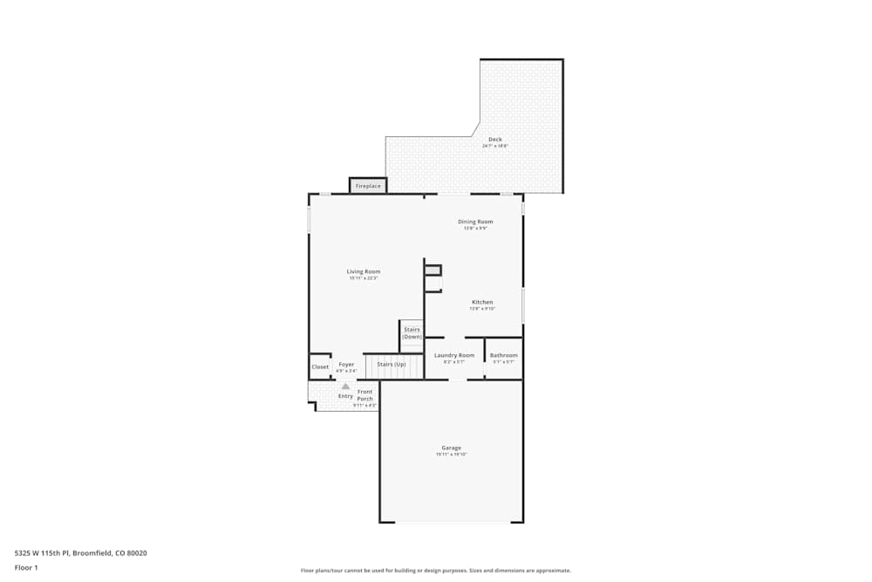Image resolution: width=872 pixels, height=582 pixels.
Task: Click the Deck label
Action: click(x=494, y=140)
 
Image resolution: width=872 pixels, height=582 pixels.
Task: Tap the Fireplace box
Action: click(x=368, y=186)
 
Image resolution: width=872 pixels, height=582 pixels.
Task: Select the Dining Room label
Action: click(x=475, y=222)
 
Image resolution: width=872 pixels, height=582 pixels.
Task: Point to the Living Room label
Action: click(x=364, y=271)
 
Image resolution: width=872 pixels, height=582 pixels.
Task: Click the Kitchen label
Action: click(x=482, y=302)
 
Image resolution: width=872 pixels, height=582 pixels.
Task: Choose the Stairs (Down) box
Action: click(x=412, y=333)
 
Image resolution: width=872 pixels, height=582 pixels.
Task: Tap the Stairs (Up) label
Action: click(x=392, y=364)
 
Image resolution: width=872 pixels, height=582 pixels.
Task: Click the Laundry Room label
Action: click(x=454, y=355)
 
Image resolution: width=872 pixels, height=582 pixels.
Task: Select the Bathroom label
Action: click(x=503, y=355)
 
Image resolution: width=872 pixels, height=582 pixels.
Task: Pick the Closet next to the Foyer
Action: click(x=320, y=366)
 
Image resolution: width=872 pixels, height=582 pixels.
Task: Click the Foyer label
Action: click(x=346, y=364)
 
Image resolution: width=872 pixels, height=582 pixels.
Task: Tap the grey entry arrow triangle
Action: click(x=345, y=386)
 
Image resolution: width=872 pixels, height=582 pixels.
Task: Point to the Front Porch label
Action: click(x=364, y=395)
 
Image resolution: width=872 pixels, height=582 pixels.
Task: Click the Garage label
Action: click(x=451, y=448)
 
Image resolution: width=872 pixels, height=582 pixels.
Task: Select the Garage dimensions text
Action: click(x=451, y=455)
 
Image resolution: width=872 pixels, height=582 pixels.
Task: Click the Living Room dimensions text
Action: click(x=364, y=278)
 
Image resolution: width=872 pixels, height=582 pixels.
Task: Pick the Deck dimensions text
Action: click(x=494, y=147)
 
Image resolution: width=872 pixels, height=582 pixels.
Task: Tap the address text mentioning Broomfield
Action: click(x=81, y=552)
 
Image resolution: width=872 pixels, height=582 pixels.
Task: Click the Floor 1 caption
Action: click(x=26, y=567)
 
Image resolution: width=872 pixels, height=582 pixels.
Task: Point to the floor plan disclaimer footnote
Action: click(x=436, y=571)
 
